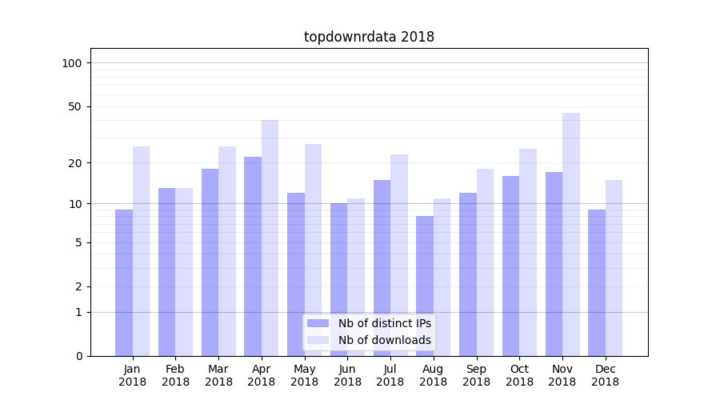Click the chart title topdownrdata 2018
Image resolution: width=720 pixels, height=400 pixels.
click(x=369, y=37)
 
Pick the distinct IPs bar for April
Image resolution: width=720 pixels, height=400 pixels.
click(x=253, y=256)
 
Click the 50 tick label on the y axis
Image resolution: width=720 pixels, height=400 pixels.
click(x=75, y=106)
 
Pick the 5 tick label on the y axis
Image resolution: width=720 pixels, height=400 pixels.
click(x=78, y=242)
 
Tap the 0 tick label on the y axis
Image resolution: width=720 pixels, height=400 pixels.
click(x=78, y=356)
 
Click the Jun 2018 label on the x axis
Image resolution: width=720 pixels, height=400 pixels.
click(x=347, y=375)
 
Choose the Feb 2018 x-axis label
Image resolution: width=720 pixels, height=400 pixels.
click(x=175, y=375)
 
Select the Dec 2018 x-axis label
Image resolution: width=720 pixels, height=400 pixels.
click(x=605, y=375)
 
